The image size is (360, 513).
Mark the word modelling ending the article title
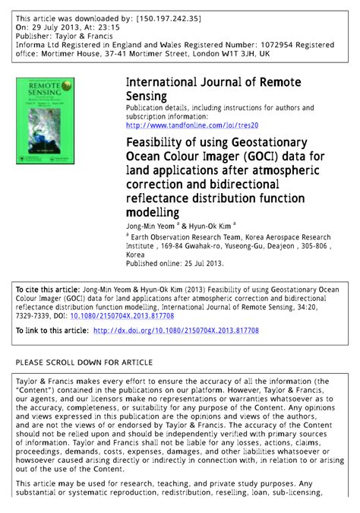tap(153, 213)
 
